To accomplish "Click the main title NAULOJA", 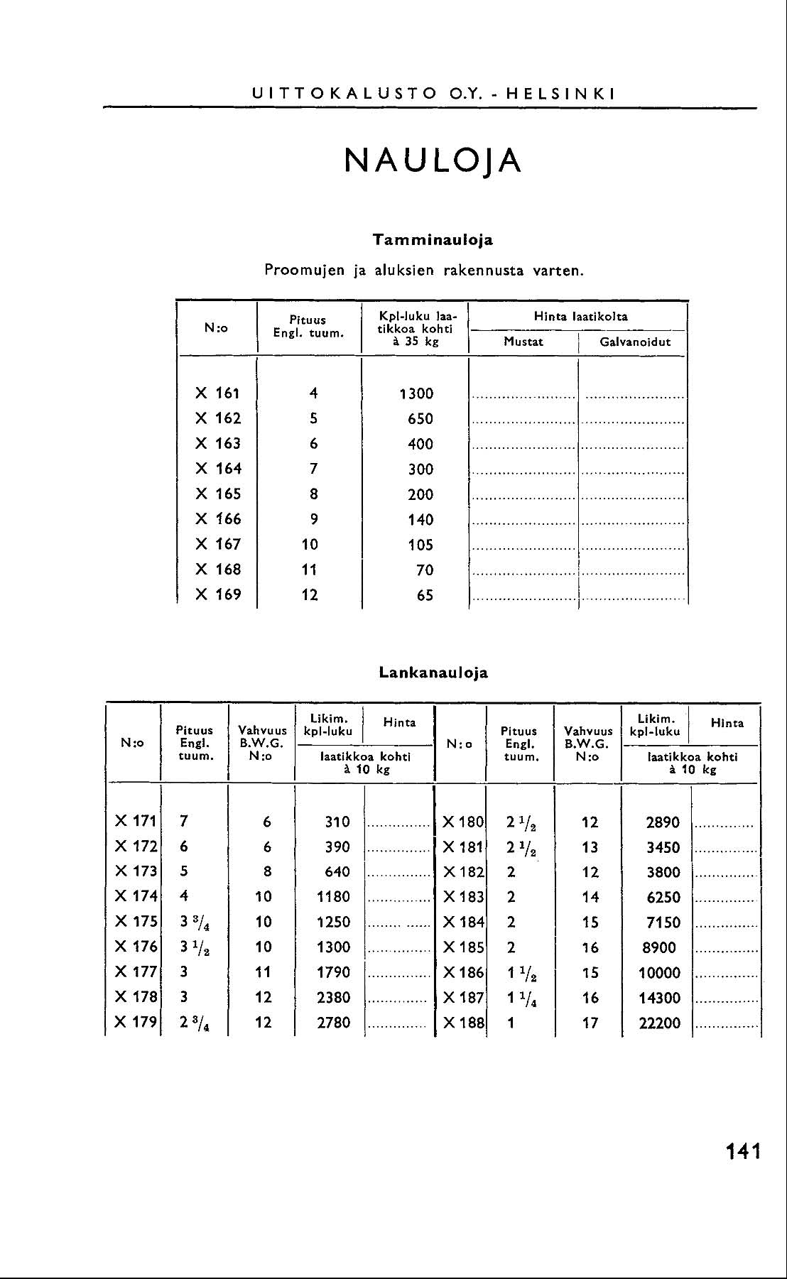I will pyautogui.click(x=433, y=161).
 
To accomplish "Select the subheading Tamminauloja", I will pyautogui.click(x=433, y=239).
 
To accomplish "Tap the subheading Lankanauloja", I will pyautogui.click(x=433, y=672).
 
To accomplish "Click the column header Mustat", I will pyautogui.click(x=523, y=342).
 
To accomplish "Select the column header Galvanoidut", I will pyautogui.click(x=635, y=342).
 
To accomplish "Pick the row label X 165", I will pyautogui.click(x=218, y=494).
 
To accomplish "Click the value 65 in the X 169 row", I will pyautogui.click(x=425, y=595).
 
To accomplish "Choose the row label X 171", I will pyautogui.click(x=135, y=821).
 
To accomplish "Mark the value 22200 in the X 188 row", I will pyautogui.click(x=660, y=1023).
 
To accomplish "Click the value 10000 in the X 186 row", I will pyautogui.click(x=660, y=973).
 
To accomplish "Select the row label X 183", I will pyautogui.click(x=463, y=897).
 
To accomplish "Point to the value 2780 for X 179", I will pyautogui.click(x=334, y=1023).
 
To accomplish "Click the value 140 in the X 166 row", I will pyautogui.click(x=420, y=520).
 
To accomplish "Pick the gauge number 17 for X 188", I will pyautogui.click(x=590, y=1023).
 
